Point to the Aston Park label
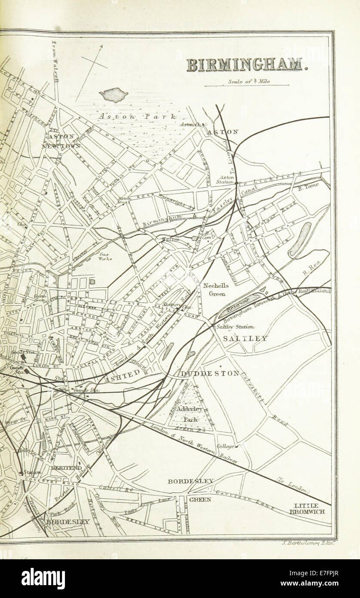(136, 116)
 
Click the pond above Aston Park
(114, 95)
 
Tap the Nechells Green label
(216, 290)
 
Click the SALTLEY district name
(245, 339)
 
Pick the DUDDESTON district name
(209, 373)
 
